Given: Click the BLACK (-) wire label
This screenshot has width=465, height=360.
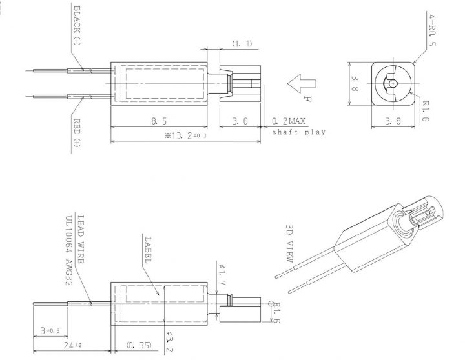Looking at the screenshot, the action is [x=77, y=25].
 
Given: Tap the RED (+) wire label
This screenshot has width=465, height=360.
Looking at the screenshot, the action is [x=77, y=132].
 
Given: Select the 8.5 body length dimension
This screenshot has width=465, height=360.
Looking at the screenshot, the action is [x=159, y=121].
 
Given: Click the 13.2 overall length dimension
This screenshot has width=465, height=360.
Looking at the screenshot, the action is [x=185, y=135].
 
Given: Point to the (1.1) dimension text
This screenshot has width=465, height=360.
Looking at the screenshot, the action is [x=242, y=44].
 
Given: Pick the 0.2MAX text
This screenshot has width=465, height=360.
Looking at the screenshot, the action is [x=289, y=121].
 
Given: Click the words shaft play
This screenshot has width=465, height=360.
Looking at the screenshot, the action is [x=299, y=132].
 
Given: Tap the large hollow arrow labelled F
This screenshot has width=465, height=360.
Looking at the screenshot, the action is [x=302, y=84].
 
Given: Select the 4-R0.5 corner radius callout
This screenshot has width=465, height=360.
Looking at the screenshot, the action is [x=432, y=31].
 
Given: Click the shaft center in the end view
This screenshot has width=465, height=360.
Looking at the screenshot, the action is [x=393, y=84].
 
